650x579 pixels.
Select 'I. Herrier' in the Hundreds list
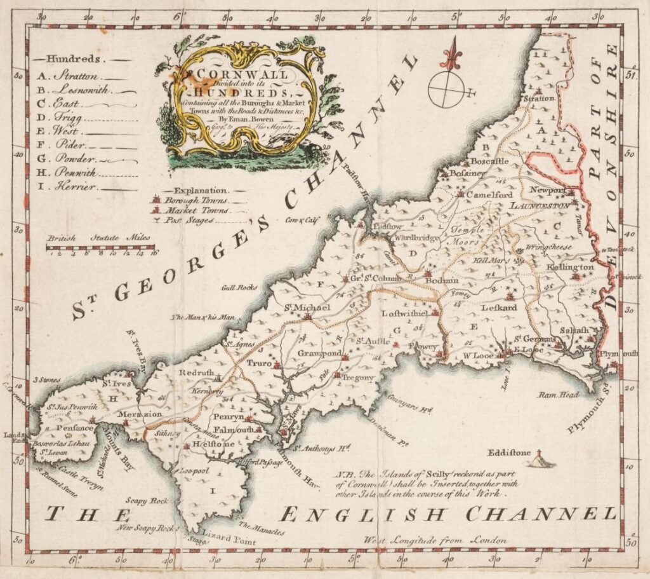tap(73, 186)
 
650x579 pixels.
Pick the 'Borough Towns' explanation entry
tap(187, 200)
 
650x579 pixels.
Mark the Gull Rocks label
tap(239, 287)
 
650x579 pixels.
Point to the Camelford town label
tap(489, 194)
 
